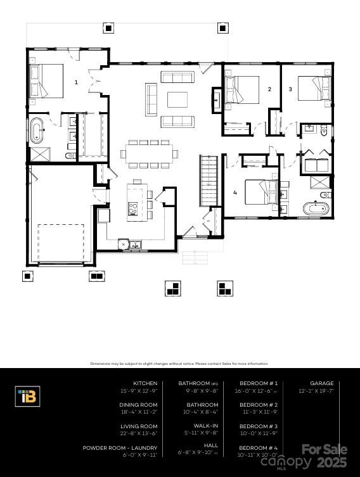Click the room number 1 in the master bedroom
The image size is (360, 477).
coord(76,82)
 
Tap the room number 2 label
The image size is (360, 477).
coord(269,89)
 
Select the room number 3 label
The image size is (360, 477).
coord(290,89)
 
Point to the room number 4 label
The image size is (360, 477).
coord(235,192)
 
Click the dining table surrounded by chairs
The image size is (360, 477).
coord(149,153)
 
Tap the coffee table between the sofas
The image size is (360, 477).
coord(177,99)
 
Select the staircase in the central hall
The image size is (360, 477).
coord(209,181)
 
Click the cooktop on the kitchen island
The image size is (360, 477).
coord(133,207)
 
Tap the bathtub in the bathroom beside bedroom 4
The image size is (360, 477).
coord(314,207)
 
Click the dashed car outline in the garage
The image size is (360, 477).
coord(61,242)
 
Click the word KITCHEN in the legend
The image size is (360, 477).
coord(145,383)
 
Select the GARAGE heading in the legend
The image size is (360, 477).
coord(321,383)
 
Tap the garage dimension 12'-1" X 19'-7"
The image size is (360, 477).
coord(316,391)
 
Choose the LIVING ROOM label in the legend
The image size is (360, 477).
coord(139,426)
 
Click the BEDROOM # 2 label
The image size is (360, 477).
coord(259,405)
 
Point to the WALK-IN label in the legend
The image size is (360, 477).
coord(207,426)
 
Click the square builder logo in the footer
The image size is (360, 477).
coord(27,397)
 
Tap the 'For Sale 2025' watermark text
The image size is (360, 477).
coord(324,455)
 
